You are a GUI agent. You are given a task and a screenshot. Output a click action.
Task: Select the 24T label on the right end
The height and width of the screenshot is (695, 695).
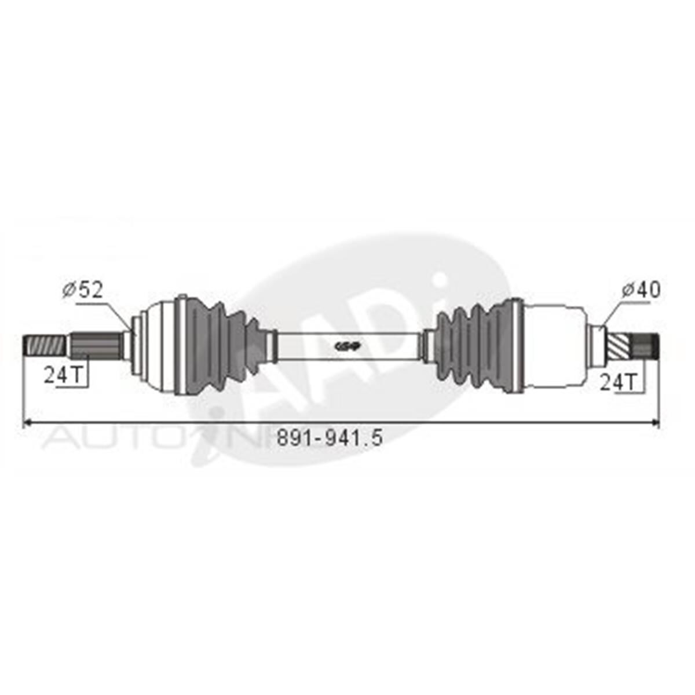point(618,382)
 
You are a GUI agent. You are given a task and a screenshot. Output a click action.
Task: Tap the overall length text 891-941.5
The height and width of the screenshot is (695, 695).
point(330,437)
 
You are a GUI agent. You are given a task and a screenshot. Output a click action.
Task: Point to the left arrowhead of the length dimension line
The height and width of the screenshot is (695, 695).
point(27,423)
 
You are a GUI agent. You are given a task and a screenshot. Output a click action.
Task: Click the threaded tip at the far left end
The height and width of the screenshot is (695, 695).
point(41,346)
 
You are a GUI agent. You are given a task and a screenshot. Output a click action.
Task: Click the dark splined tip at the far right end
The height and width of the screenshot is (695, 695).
point(645,346)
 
